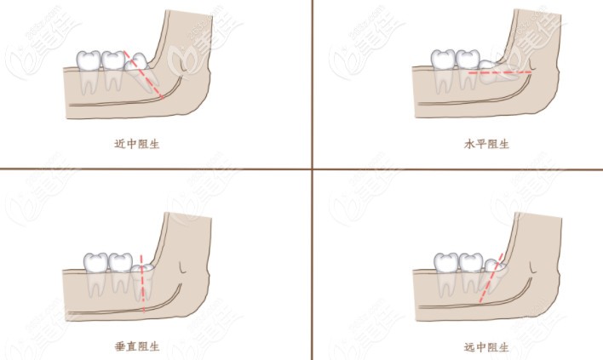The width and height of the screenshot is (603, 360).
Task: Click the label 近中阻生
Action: [x=137, y=144]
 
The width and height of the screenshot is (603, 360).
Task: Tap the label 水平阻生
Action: [x=486, y=144]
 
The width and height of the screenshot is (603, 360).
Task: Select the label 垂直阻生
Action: [x=137, y=346]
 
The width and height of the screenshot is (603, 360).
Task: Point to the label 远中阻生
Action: [x=486, y=347]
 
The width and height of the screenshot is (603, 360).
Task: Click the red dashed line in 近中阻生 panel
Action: [x=144, y=75]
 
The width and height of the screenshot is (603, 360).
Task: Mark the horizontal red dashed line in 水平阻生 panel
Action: [x=500, y=71]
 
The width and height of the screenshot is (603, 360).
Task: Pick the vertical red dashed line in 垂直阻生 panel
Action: [x=142, y=283]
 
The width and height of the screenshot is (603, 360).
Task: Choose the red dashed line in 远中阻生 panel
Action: [x=491, y=277]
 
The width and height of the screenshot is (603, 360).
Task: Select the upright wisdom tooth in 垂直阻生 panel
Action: [x=143, y=281]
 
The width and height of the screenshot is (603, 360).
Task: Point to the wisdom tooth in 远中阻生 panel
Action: [x=494, y=276]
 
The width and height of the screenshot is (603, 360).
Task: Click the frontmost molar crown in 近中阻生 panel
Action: [x=88, y=60]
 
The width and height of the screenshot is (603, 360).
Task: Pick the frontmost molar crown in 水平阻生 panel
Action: [x=443, y=60]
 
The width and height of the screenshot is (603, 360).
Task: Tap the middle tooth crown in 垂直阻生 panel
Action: [x=121, y=262]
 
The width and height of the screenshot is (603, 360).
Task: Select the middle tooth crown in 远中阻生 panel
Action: [x=471, y=263]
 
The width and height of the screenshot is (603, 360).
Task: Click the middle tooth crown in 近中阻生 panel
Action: [x=112, y=60]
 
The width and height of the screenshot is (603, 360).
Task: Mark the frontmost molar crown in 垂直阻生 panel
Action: [x=95, y=262]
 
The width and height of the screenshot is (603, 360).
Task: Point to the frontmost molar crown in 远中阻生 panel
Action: [x=446, y=263]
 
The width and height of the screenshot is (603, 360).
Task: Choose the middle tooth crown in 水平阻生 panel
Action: [x=468, y=60]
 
